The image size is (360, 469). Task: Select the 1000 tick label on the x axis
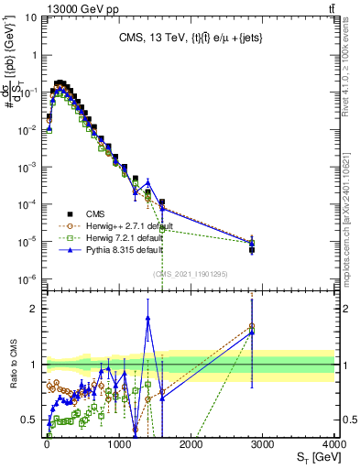(119, 443)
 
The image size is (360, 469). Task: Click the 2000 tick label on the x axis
(191, 443)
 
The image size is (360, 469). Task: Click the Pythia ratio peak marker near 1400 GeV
(147, 318)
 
